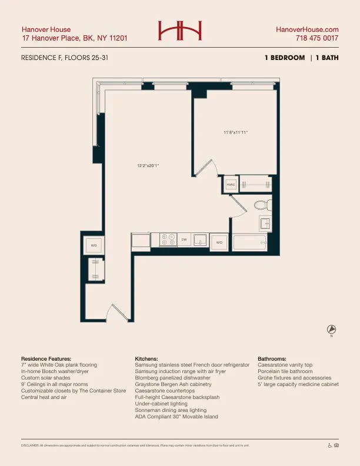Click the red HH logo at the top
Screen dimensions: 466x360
[x=180, y=31]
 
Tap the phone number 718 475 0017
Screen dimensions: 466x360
[x=317, y=38]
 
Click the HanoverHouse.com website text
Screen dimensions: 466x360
[x=307, y=29]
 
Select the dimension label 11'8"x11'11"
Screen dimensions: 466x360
[x=235, y=132]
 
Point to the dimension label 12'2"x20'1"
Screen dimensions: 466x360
[x=148, y=165]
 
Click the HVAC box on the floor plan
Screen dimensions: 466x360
[x=231, y=184]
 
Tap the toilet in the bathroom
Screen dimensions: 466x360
[x=262, y=205]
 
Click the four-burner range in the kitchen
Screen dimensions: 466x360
[x=164, y=240]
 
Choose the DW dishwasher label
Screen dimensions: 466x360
[x=184, y=240]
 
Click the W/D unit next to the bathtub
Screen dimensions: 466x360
[x=219, y=242]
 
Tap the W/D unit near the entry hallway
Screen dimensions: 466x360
[x=94, y=244]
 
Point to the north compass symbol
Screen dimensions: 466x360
[x=331, y=329]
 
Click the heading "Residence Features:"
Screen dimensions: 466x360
[x=46, y=358]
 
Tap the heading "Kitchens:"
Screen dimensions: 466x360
[x=146, y=358]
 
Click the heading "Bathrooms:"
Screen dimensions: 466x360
[x=272, y=358]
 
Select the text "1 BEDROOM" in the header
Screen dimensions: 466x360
[x=285, y=58]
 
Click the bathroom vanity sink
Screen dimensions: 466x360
[x=265, y=224]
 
